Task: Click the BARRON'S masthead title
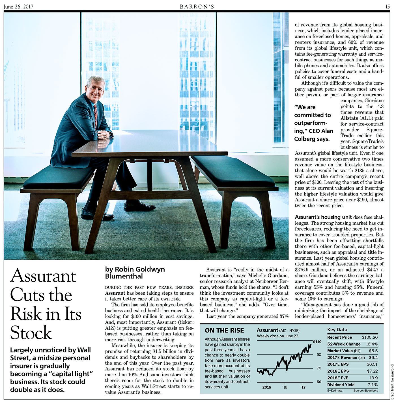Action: pyautogui.click(x=197, y=6)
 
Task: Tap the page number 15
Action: pyautogui.click(x=387, y=6)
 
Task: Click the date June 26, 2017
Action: pyautogui.click(x=18, y=6)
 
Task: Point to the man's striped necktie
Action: pyautogui.click(x=95, y=116)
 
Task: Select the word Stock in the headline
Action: pyautogui.click(x=31, y=333)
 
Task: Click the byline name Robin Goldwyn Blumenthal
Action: pyautogui.click(x=135, y=273)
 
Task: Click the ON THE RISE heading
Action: pyautogui.click(x=224, y=330)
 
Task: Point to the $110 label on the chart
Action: pyautogui.click(x=317, y=342)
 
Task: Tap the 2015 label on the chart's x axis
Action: pyautogui.click(x=266, y=387)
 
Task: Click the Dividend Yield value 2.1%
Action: pyautogui.click(x=373, y=385)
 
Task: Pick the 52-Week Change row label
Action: pyautogui.click(x=344, y=344)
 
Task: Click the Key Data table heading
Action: pyautogui.click(x=337, y=329)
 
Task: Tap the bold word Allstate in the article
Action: pyautogui.click(x=349, y=118)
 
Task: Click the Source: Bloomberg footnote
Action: pyautogui.click(x=366, y=390)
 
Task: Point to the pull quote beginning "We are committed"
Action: pyautogui.click(x=313, y=123)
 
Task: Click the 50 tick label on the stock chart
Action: pyautogui.click(x=319, y=382)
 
